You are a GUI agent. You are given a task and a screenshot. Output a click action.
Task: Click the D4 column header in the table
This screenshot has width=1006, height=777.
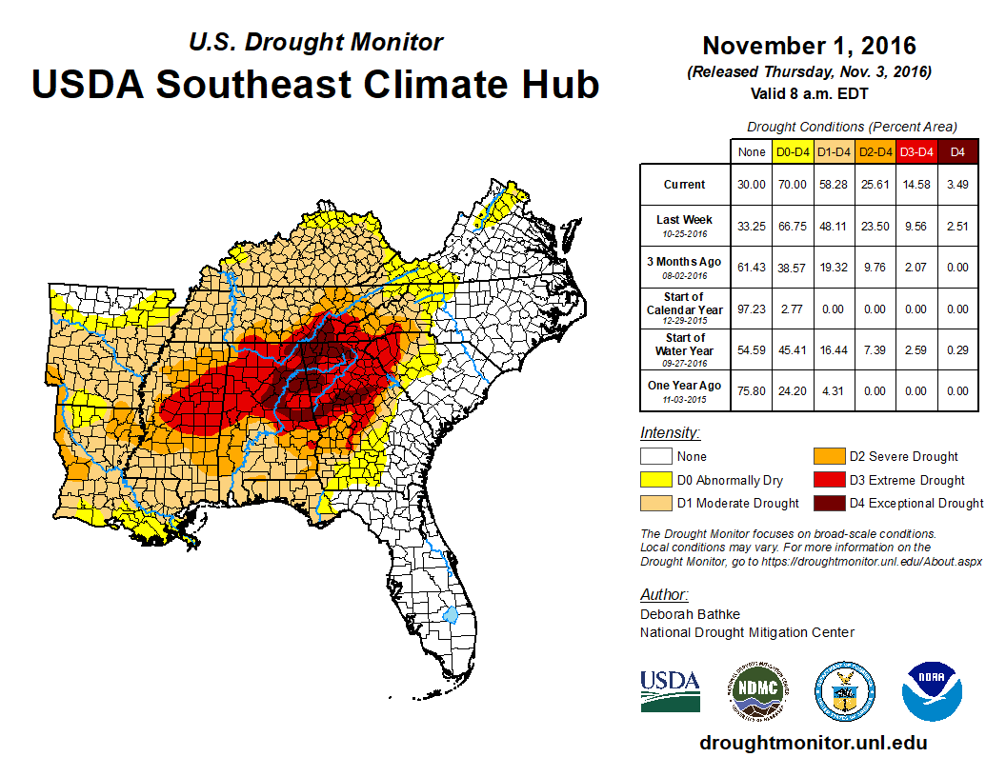pyautogui.click(x=957, y=151)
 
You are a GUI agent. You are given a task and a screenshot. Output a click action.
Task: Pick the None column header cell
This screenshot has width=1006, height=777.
pyautogui.click(x=752, y=151)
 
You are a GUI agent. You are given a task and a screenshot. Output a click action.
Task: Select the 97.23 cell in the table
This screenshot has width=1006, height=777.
pyautogui.click(x=752, y=309)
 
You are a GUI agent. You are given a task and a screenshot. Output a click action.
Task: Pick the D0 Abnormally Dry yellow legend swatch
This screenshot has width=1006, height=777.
pyautogui.click(x=654, y=480)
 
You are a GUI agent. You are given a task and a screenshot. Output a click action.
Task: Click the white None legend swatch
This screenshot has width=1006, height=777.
pyautogui.click(x=654, y=456)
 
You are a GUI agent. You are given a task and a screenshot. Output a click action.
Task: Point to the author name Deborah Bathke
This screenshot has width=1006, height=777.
pyautogui.click(x=690, y=614)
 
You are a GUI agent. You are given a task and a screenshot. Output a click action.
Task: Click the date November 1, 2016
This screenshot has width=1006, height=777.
pyautogui.click(x=809, y=46)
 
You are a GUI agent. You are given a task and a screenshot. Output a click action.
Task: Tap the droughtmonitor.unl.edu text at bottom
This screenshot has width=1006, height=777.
pyautogui.click(x=813, y=743)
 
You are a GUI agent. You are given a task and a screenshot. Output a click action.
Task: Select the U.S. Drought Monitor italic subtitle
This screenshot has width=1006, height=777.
pyautogui.click(x=315, y=43)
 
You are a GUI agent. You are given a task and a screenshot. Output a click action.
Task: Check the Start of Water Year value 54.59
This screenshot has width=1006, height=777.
pyautogui.click(x=752, y=350)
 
